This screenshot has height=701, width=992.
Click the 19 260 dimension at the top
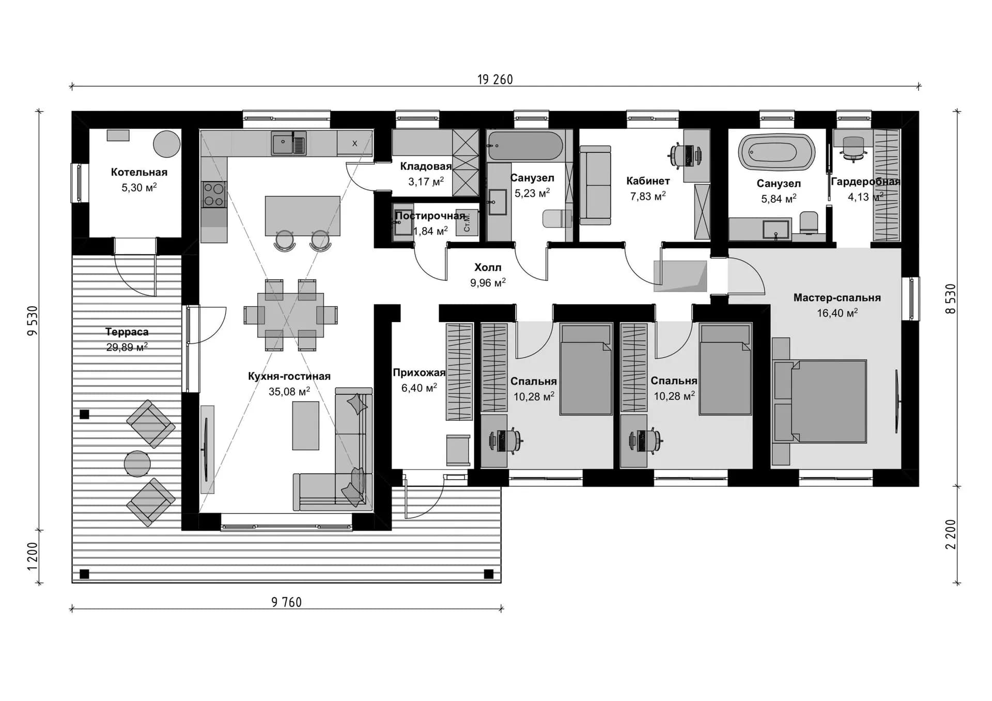point(495,79)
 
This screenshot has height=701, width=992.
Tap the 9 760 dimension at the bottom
point(286,602)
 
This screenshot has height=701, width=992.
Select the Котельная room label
point(139,172)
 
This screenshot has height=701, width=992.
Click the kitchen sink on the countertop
point(289,143)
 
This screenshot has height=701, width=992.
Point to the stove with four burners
point(213,195)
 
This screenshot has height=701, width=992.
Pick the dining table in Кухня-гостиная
point(291,315)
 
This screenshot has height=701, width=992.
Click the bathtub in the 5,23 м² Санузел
point(525,145)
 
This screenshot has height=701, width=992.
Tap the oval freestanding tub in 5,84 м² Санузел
point(777,152)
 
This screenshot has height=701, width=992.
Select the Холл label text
point(488,267)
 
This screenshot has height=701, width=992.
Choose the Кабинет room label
point(648,181)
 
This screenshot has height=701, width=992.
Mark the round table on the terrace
point(137,464)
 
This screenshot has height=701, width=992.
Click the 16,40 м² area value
point(837,313)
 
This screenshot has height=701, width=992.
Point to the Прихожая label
point(419,373)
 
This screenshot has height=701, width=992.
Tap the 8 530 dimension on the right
point(951,299)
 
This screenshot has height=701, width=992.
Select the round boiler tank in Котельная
point(166,144)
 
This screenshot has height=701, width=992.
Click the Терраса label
point(127,332)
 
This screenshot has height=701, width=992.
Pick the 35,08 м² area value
point(289,392)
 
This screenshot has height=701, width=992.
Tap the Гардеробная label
point(865,182)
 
